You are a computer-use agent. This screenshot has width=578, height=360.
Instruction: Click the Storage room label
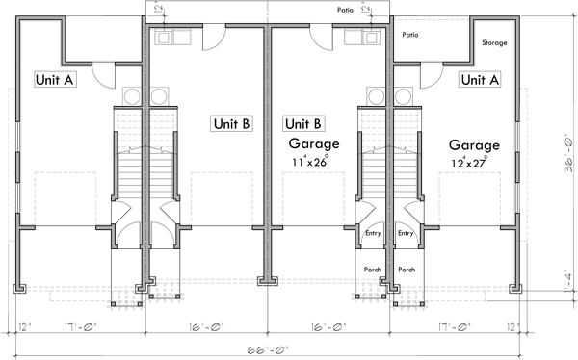click(x=494, y=43)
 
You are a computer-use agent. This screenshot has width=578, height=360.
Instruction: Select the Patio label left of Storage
click(x=411, y=34)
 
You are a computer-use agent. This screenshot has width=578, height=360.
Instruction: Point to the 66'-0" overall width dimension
click(x=276, y=350)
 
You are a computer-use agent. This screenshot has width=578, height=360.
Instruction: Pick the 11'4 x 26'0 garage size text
click(x=308, y=162)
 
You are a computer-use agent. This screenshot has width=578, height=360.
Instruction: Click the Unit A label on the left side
click(x=55, y=80)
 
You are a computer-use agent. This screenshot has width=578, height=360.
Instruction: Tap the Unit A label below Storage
click(x=479, y=80)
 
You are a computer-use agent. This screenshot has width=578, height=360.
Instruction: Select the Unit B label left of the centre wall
click(x=232, y=123)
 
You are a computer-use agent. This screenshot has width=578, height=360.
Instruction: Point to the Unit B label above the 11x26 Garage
click(x=302, y=123)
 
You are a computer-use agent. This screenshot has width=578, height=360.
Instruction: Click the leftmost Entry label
click(x=373, y=233)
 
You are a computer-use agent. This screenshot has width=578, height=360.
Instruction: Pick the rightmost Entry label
click(x=406, y=233)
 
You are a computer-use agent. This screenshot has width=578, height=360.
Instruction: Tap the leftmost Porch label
click(x=373, y=270)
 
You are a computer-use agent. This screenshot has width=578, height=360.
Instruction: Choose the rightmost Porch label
click(x=407, y=270)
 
